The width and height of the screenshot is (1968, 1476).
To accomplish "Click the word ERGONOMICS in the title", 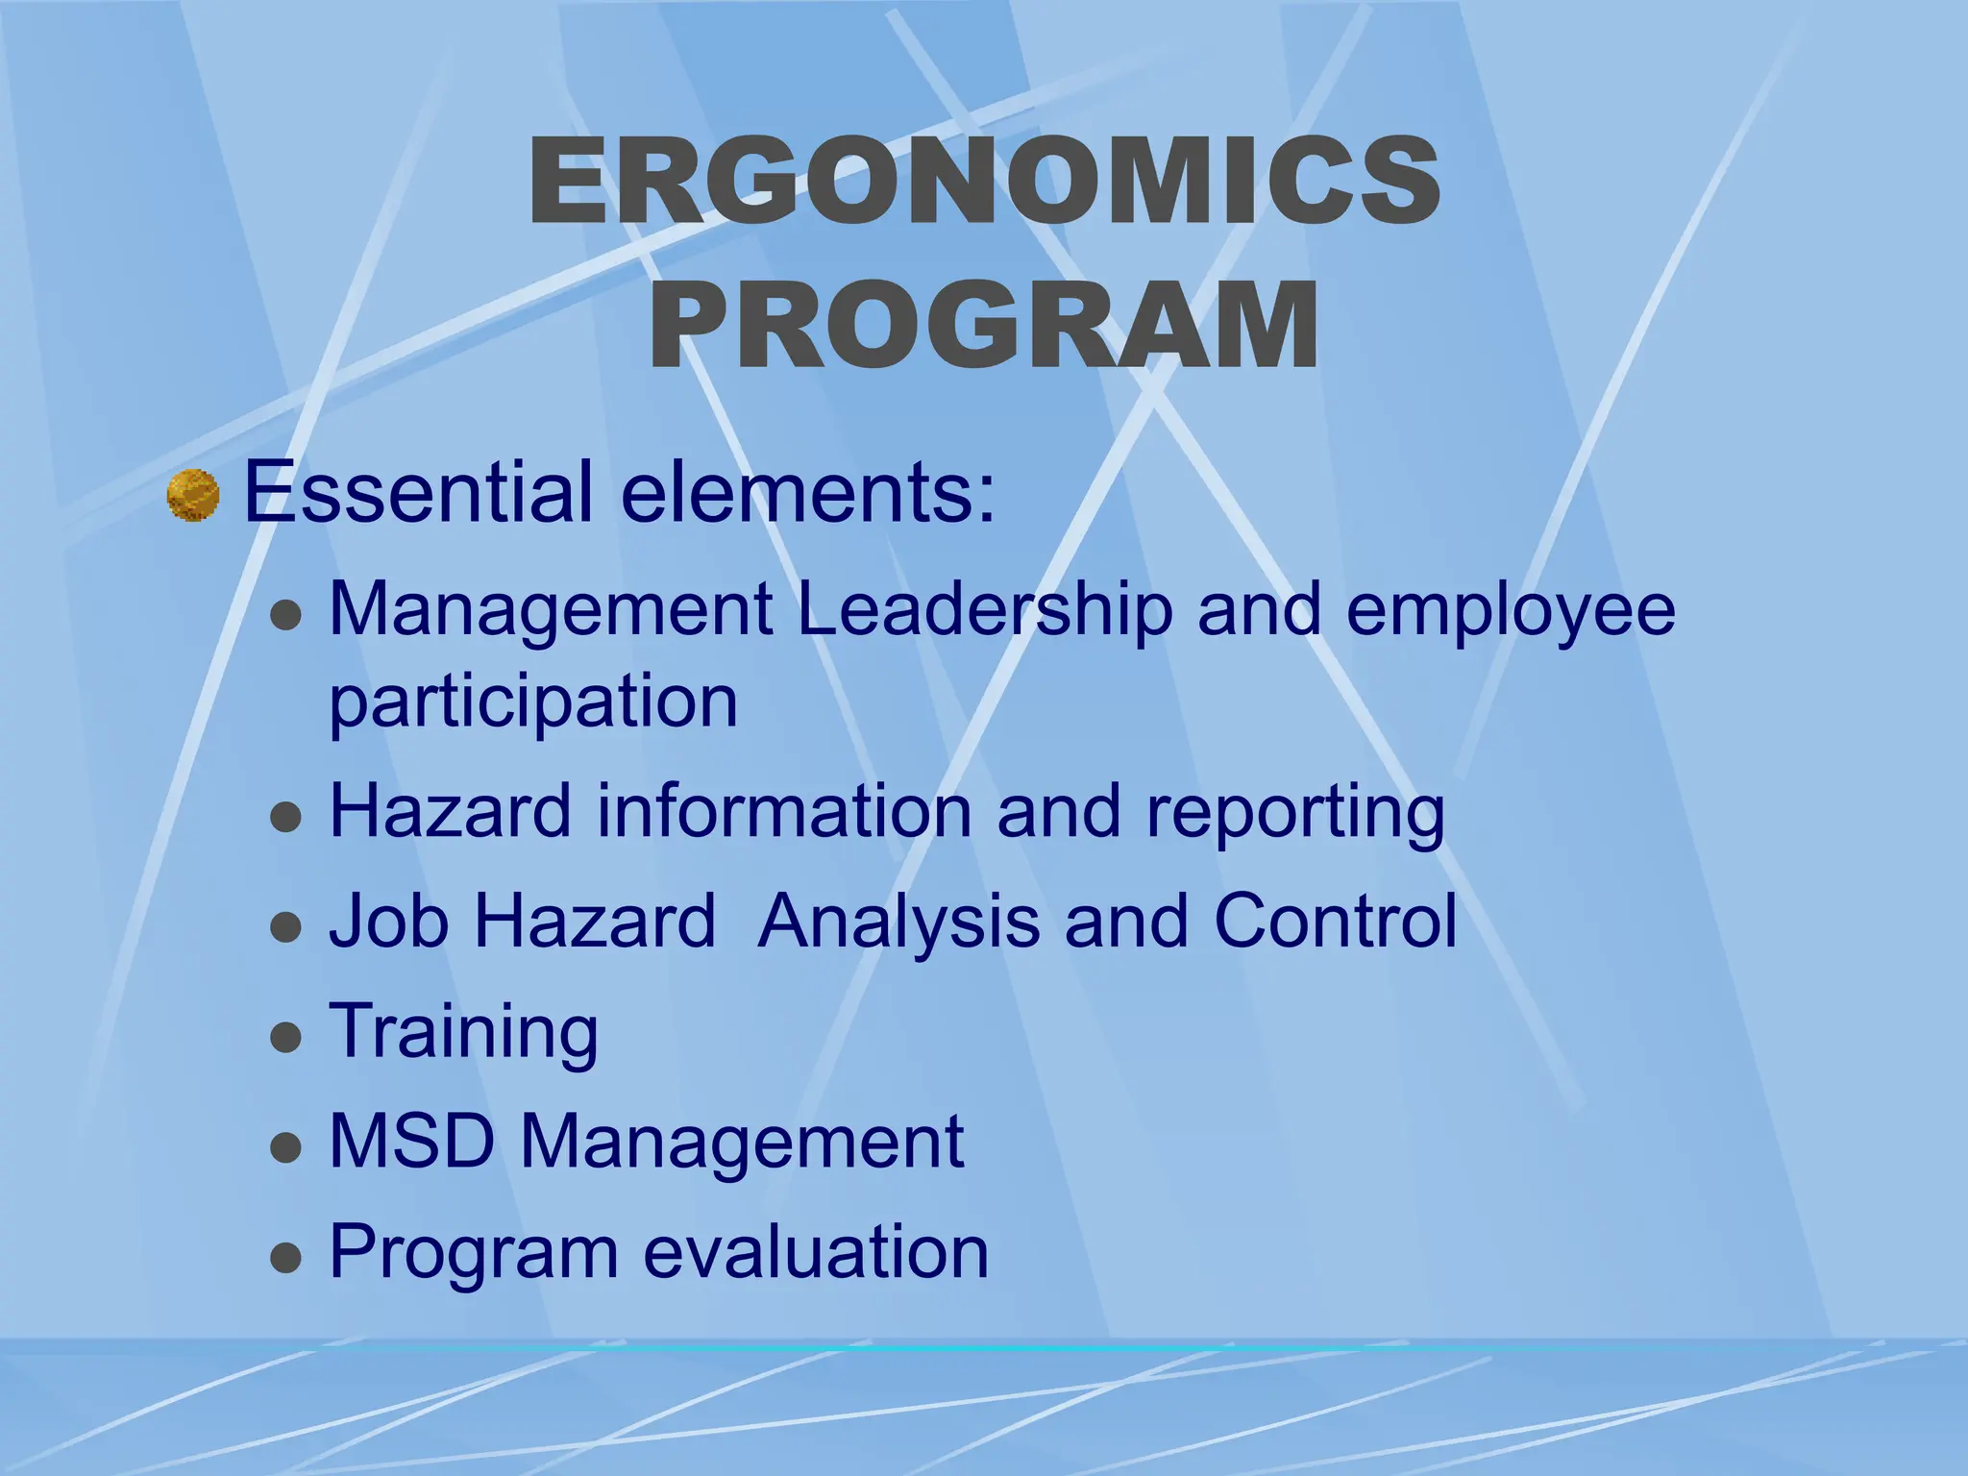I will pyautogui.click(x=984, y=181).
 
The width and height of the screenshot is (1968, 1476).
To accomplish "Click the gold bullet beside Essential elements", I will pyautogui.click(x=193, y=495).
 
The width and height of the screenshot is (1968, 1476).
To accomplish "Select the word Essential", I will pyautogui.click(x=418, y=492).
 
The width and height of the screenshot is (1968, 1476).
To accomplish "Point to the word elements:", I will pyautogui.click(x=808, y=492).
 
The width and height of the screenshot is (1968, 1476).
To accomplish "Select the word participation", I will pyautogui.click(x=533, y=703).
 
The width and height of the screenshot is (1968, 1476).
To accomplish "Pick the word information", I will pyautogui.click(x=784, y=811).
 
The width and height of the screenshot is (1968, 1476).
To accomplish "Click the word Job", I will pyautogui.click(x=388, y=921).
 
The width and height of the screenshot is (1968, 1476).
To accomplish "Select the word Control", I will pyautogui.click(x=1335, y=921).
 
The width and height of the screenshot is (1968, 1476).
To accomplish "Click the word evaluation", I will pyautogui.click(x=816, y=1251).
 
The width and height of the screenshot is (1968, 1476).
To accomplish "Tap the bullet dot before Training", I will pyautogui.click(x=286, y=1038).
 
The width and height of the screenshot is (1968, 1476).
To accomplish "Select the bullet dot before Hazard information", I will pyautogui.click(x=286, y=818).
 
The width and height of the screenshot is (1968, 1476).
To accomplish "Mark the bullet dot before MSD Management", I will pyautogui.click(x=286, y=1147).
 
